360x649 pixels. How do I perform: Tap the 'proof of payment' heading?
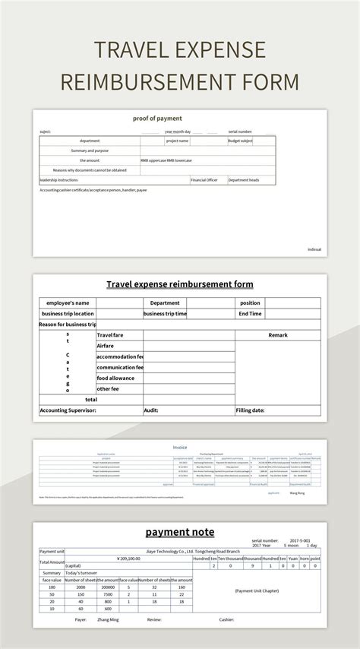pyautogui.click(x=157, y=119)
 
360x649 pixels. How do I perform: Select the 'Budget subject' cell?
pyautogui.click(x=241, y=141)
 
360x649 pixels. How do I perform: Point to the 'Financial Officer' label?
pyautogui.click(x=204, y=180)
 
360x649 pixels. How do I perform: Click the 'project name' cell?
pyautogui.click(x=178, y=141)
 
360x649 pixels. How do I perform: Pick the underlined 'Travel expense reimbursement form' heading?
pyautogui.click(x=179, y=284)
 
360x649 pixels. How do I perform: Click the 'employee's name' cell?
pyautogui.click(x=68, y=302)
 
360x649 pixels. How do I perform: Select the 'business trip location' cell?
pyautogui.click(x=68, y=313)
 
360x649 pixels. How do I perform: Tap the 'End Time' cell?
pyautogui.click(x=250, y=313)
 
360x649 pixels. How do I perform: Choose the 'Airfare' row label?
pyautogui.click(x=106, y=345)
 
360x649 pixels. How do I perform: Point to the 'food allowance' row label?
pyautogui.click(x=115, y=378)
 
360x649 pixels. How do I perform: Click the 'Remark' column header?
pyautogui.click(x=278, y=334)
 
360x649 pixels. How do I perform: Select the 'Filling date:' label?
pyautogui.click(x=250, y=410)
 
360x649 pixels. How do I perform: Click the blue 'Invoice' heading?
pyautogui.click(x=179, y=448)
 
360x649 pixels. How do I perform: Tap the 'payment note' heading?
pyautogui.click(x=179, y=532)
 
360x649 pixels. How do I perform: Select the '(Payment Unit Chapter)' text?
pyautogui.click(x=256, y=590)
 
